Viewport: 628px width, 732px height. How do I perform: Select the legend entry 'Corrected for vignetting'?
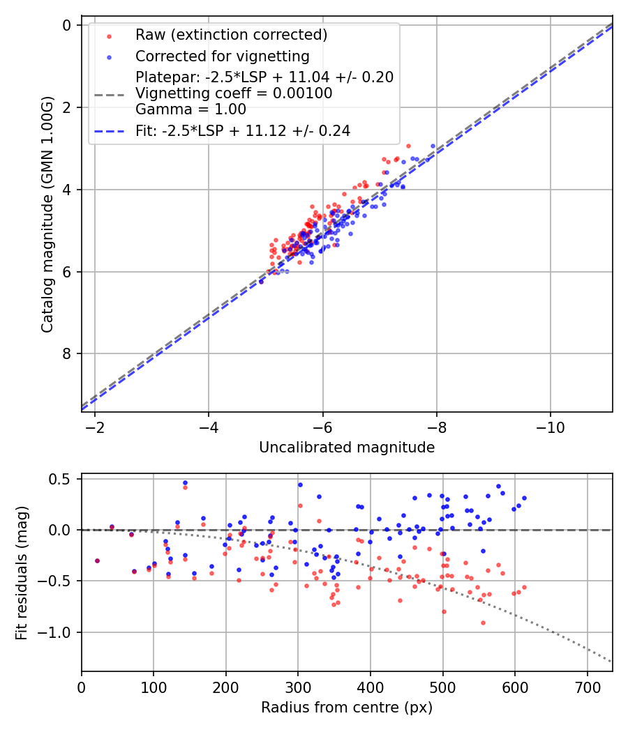click(222, 56)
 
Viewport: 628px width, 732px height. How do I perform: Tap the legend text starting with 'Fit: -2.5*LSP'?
click(243, 130)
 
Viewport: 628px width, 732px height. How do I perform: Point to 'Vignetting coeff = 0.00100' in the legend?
click(234, 93)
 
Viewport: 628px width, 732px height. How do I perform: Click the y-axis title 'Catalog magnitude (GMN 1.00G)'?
click(47, 213)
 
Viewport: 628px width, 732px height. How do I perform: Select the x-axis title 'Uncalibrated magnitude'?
click(347, 448)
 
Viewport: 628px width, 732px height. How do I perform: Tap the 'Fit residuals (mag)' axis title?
click(21, 572)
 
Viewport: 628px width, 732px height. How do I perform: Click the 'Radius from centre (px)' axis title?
click(347, 708)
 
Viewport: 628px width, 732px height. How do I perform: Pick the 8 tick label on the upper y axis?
click(68, 354)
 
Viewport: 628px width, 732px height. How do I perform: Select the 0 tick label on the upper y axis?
click(68, 26)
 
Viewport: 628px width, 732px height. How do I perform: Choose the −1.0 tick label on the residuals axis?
click(59, 632)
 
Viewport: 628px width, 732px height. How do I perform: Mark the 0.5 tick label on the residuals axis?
click(63, 479)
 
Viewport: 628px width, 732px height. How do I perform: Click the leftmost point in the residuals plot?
click(97, 561)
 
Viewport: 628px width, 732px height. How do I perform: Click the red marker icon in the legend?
click(109, 36)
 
